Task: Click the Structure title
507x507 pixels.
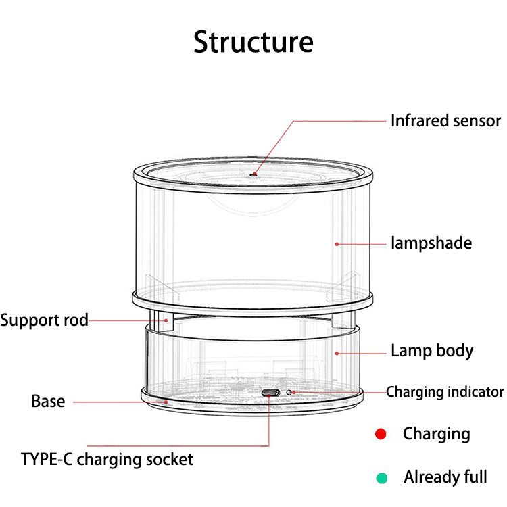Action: point(253,41)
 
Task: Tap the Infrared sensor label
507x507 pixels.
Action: point(445,121)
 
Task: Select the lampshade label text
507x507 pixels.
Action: point(431,243)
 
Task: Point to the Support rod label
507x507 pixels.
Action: point(44,320)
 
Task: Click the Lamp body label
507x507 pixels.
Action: point(432,351)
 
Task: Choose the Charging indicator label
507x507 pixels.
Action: point(445,392)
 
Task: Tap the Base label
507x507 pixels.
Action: point(48,402)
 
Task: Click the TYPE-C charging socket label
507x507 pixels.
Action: point(107,460)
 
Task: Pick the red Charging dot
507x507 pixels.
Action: point(381,434)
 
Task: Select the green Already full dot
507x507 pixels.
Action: point(382,478)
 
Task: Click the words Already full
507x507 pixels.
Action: point(445,477)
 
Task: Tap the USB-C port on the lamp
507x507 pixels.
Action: point(270,393)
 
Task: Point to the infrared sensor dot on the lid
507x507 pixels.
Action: point(253,174)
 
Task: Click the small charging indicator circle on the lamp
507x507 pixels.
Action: point(289,392)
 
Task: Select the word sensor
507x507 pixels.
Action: point(477,121)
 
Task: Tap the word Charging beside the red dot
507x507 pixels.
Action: point(436,434)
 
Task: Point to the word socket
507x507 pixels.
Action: point(171,460)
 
